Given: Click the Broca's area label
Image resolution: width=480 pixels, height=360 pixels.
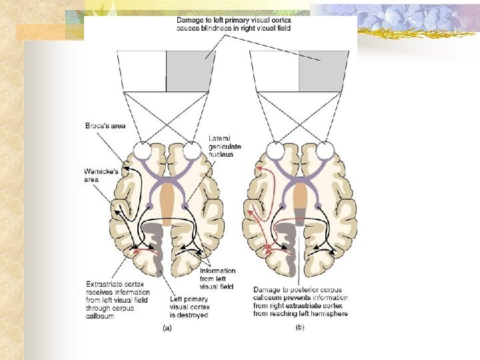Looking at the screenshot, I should coord(106,125).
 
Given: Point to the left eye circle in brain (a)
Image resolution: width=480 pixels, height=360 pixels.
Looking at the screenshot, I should coord(141,151).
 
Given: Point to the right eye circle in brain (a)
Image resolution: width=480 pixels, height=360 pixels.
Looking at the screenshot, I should coord(191,151).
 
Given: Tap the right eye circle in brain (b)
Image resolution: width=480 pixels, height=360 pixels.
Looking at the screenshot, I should coord(324,151).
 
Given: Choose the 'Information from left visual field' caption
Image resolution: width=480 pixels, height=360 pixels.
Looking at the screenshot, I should coord(217,279).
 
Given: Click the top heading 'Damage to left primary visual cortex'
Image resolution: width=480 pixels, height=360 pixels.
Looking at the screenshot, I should coord(233,25).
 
